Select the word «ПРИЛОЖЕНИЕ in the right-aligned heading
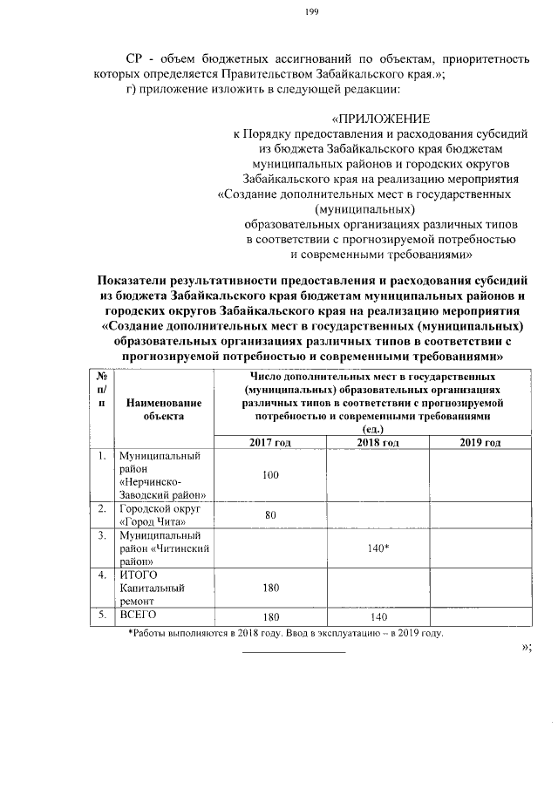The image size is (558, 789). tap(379, 118)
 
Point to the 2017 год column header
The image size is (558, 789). tap(269, 443)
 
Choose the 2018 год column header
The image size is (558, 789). tap(378, 443)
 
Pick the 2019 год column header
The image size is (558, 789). tap(480, 443)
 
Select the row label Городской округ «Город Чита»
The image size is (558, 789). tap(153, 514)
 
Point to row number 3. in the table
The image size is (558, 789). tap(102, 534)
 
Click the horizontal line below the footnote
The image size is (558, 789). tap(293, 651)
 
